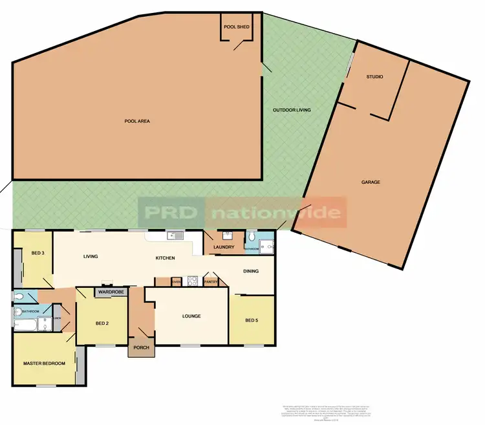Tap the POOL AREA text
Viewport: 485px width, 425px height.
click(x=137, y=121)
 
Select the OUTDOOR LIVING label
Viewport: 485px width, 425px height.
click(x=292, y=110)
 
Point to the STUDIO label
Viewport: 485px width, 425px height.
click(x=374, y=77)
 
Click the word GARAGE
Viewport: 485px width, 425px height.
click(x=371, y=182)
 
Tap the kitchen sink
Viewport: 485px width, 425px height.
click(x=173, y=236)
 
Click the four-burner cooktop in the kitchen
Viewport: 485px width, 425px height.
click(x=192, y=281)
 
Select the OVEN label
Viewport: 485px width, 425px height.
click(x=177, y=281)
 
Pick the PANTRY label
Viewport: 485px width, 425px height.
click(x=211, y=281)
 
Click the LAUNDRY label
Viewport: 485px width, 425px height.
click(x=224, y=247)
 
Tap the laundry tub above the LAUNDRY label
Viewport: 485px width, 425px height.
click(x=227, y=235)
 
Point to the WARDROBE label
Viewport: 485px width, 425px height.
click(x=111, y=292)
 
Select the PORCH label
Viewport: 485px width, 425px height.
click(x=141, y=347)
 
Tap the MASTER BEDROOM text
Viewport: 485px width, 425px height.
click(x=44, y=364)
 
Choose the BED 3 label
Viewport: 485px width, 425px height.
click(x=38, y=253)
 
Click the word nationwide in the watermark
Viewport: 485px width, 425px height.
click(x=276, y=213)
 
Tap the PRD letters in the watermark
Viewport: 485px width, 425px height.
click(x=171, y=213)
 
